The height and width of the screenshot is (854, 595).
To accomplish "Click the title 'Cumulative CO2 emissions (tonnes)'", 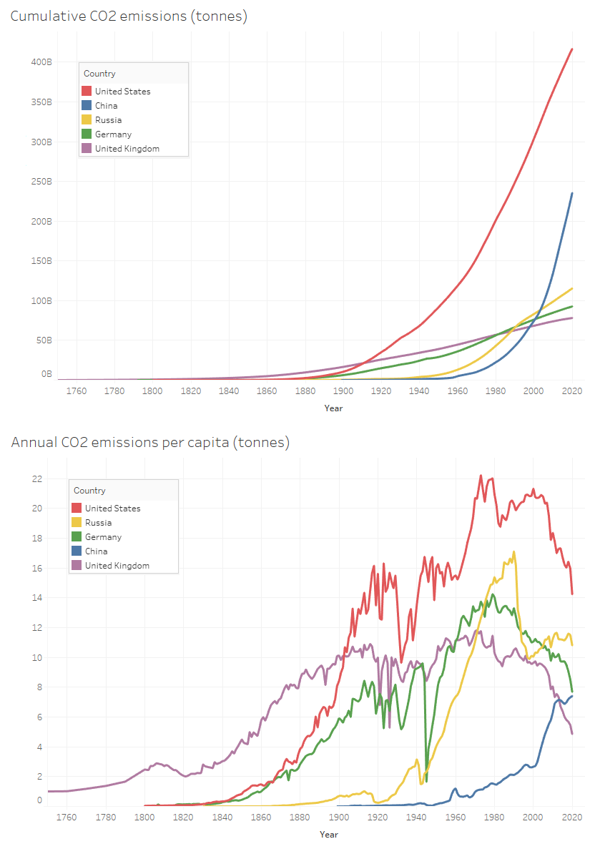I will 129,16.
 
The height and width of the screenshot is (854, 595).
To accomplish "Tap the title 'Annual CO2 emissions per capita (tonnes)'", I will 150,443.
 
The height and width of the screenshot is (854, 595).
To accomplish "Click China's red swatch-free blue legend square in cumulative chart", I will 87,106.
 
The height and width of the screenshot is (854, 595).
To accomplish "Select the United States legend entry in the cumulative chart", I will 122,92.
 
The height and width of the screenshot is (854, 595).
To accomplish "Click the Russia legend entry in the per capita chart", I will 98,523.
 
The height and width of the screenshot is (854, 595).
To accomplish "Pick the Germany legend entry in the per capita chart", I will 103,537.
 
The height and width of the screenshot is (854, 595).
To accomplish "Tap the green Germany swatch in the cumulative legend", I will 87,134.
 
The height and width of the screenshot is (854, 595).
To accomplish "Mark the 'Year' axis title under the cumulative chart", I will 333,408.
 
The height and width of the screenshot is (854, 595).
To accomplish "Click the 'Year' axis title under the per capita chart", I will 329,834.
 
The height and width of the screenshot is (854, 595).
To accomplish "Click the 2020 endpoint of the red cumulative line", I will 572,49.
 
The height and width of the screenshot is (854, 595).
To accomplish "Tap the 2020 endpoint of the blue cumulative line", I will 572,192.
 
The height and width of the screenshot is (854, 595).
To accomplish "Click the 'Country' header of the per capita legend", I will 89,491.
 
